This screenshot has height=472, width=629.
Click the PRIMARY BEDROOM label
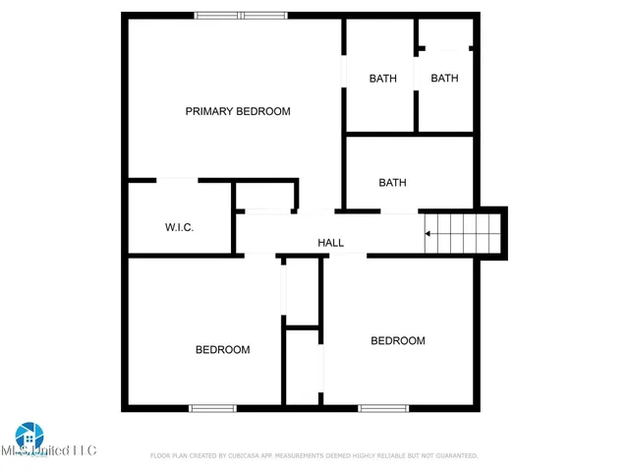coord(238,111)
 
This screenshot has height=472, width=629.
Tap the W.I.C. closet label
coord(179,227)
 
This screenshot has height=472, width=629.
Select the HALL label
coord(330,243)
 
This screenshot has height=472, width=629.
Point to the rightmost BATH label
coord(444,79)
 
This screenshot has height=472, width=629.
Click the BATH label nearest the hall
coord(392,182)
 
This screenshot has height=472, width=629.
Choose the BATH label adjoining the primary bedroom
coord(382,79)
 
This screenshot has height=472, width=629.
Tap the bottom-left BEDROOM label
coord(222,349)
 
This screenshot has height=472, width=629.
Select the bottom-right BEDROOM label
coord(397,340)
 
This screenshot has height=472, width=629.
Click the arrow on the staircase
coord(429,234)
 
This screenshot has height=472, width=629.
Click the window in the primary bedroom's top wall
coord(241,15)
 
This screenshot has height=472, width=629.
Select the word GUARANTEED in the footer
coord(451,456)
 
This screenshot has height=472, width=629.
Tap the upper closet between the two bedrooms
coord(302,290)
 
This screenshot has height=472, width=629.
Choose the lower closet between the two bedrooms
coord(303,366)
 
